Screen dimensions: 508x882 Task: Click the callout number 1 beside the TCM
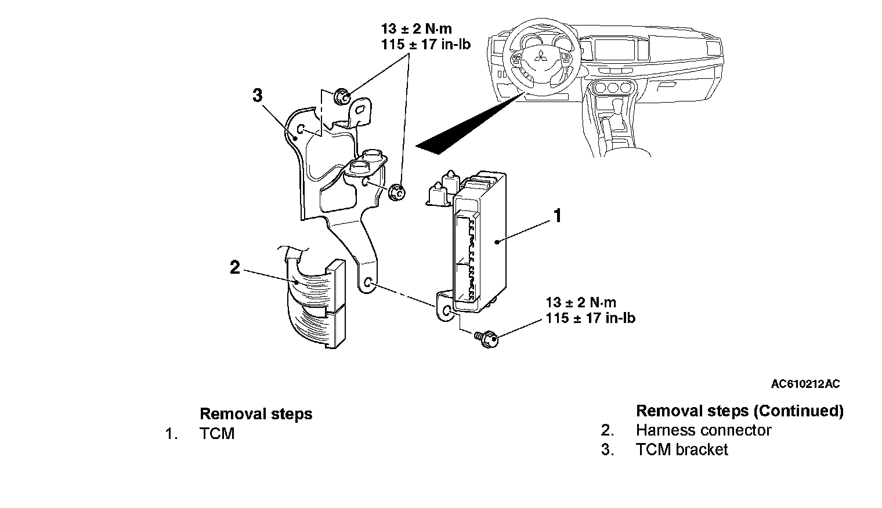[557, 216]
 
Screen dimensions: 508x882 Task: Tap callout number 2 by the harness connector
[234, 267]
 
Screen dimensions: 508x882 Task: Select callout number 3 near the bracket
[258, 95]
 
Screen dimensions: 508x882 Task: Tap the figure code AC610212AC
[805, 384]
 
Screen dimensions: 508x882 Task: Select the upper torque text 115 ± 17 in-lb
[426, 44]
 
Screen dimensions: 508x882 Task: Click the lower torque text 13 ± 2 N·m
[581, 302]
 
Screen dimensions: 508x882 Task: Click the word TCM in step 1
[217, 434]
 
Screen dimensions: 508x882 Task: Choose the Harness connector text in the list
[703, 430]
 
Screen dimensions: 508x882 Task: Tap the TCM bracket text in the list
[681, 449]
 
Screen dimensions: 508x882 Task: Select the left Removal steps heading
[256, 414]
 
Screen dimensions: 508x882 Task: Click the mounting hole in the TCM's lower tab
[446, 312]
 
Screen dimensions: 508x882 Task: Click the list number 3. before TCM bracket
[608, 449]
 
